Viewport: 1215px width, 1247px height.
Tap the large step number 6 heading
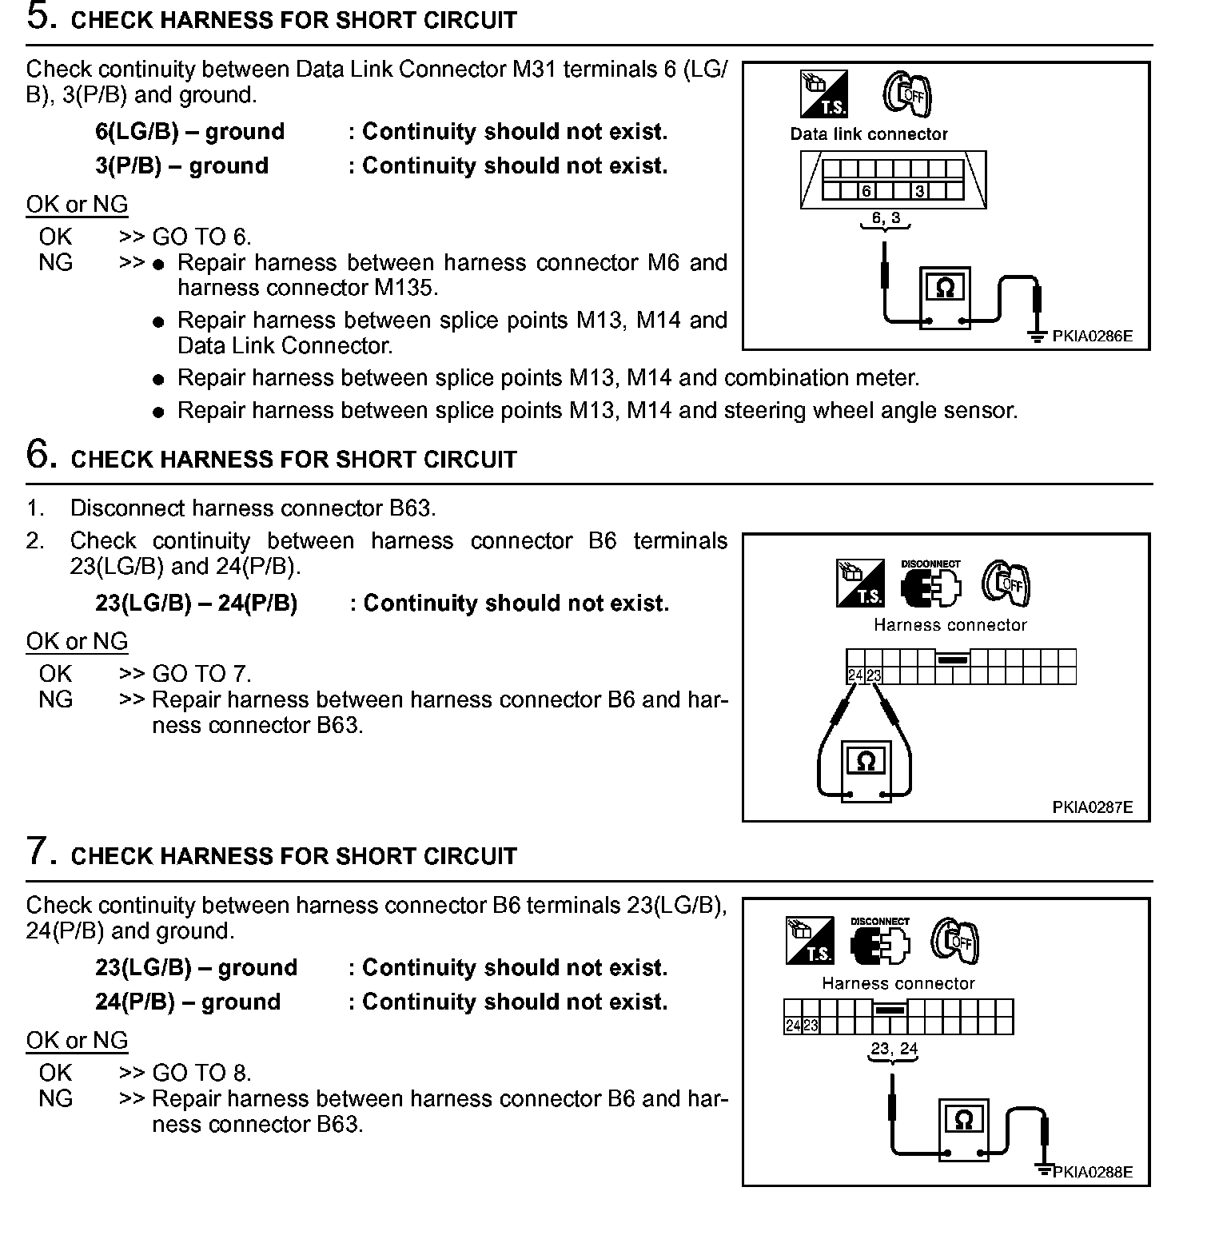point(42,456)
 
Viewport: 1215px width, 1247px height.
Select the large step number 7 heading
point(42,851)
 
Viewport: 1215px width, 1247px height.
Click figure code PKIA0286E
point(1092,337)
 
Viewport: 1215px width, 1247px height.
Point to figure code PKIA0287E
point(1092,807)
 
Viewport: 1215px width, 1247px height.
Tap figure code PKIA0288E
point(1092,1173)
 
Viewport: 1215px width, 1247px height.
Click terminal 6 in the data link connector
point(866,191)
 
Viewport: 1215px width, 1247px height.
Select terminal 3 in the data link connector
point(920,191)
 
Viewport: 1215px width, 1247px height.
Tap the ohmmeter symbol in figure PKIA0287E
point(866,763)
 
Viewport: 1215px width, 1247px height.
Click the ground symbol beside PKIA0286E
point(1037,337)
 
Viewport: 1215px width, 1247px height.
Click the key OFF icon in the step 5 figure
point(908,95)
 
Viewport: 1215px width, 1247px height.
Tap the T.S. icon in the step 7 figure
point(810,940)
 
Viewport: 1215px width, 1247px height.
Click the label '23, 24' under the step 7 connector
point(894,1050)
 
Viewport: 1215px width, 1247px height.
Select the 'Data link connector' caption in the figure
point(869,134)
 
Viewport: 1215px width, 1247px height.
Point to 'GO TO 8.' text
point(201,1073)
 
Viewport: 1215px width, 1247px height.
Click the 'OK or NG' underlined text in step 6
point(77,642)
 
